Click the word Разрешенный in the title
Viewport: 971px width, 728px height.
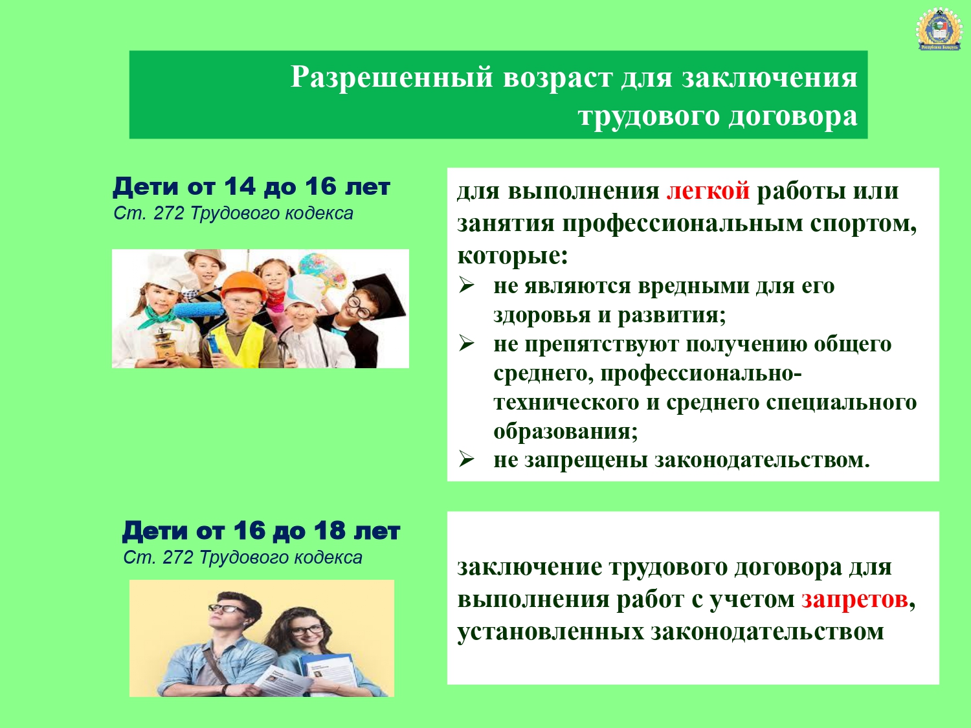[392, 78]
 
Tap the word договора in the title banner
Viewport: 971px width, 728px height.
[793, 116]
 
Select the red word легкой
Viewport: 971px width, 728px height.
[708, 191]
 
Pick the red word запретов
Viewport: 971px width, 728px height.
[854, 599]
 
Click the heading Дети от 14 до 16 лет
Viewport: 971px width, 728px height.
[251, 186]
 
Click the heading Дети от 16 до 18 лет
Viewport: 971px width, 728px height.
[261, 531]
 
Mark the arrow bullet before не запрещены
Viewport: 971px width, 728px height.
[466, 459]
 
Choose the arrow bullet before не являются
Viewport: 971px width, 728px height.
[466, 285]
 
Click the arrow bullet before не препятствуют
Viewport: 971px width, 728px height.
[466, 343]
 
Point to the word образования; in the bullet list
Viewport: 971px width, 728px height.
[566, 431]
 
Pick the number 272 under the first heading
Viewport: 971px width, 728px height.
[168, 214]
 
